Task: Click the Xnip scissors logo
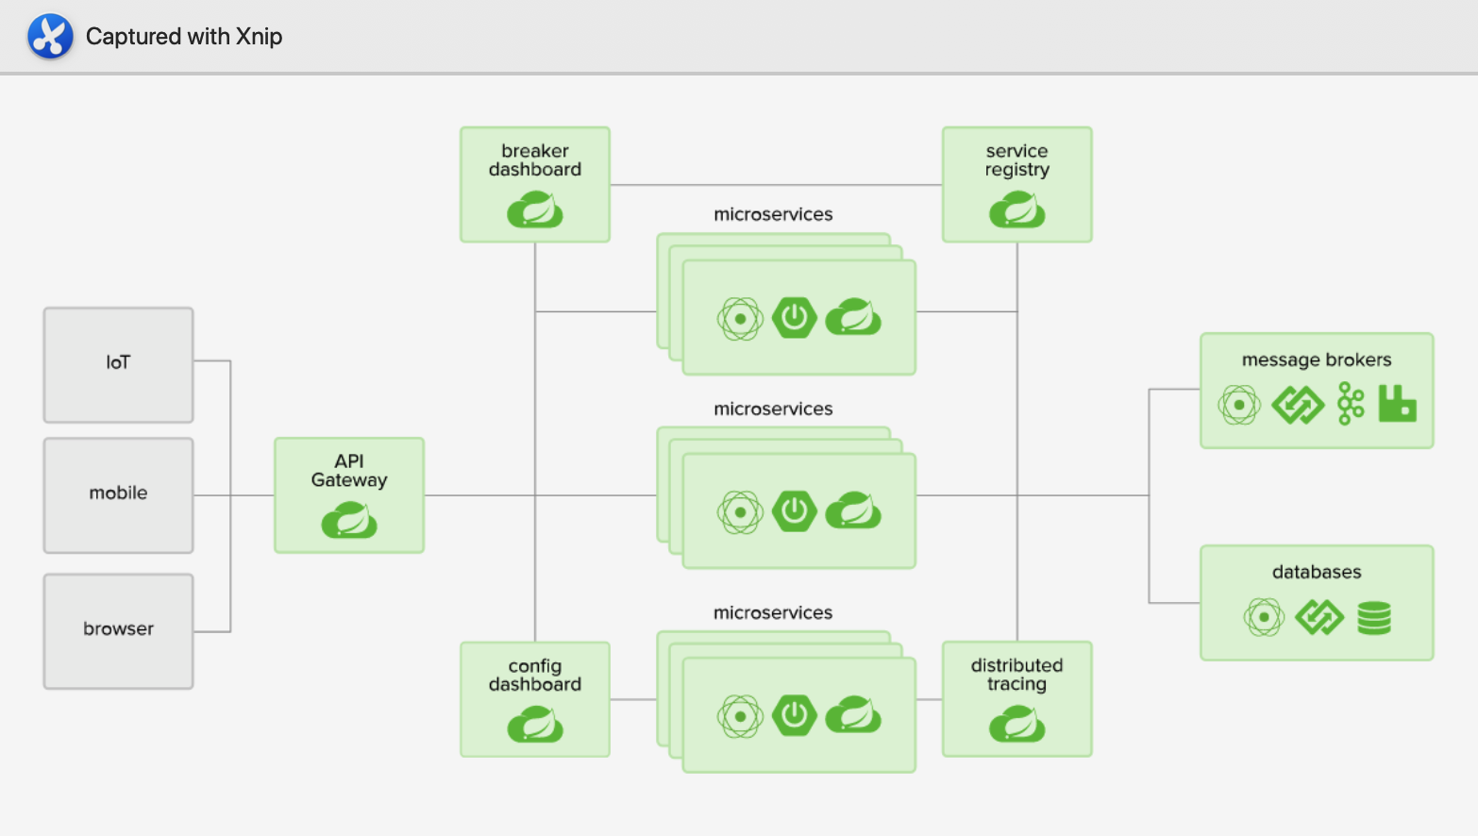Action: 50,36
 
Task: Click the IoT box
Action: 119,365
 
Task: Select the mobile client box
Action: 119,495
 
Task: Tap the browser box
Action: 119,631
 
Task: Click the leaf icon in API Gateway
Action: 349,520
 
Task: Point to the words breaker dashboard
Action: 535,160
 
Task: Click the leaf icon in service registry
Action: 1016,209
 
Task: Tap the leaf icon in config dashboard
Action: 535,725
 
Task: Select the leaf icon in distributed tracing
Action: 1016,725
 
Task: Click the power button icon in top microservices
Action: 795,318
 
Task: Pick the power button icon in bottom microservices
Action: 795,715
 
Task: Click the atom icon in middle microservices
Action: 740,512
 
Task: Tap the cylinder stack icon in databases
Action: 1374,618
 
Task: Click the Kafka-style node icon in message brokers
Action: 1351,403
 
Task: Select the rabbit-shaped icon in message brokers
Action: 1398,403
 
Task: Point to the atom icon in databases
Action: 1264,618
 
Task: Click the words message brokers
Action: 1317,360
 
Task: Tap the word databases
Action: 1317,572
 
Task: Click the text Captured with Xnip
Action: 184,36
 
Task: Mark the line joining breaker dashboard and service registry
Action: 776,185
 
